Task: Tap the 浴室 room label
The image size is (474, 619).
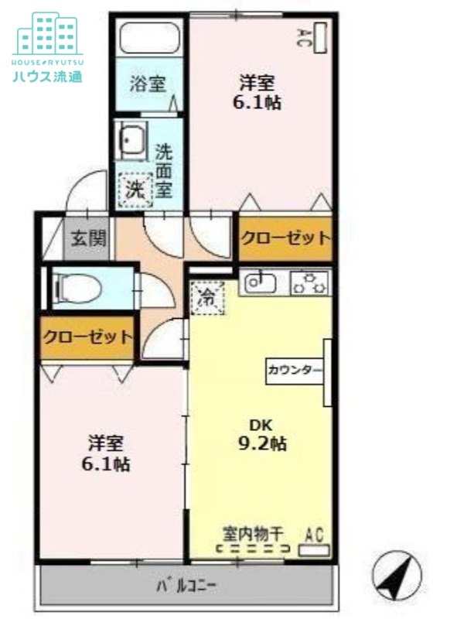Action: coord(148,84)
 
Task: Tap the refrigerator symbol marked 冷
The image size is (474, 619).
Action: coord(207,296)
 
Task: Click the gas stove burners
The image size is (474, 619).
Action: coord(311,283)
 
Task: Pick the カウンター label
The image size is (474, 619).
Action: coord(295,370)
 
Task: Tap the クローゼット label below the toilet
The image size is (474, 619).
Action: coord(87,337)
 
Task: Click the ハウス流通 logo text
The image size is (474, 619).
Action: coord(48,76)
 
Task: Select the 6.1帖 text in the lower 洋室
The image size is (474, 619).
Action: coord(107,464)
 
